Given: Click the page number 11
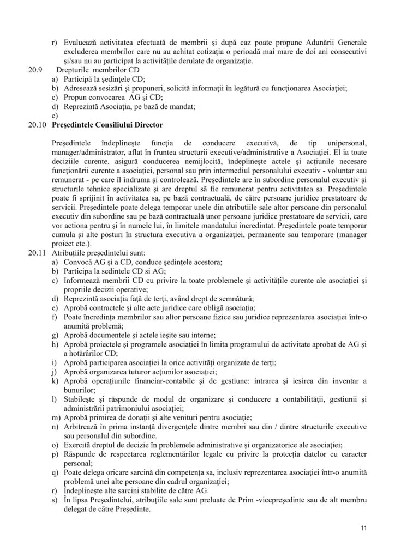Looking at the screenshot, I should (x=363, y=529).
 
